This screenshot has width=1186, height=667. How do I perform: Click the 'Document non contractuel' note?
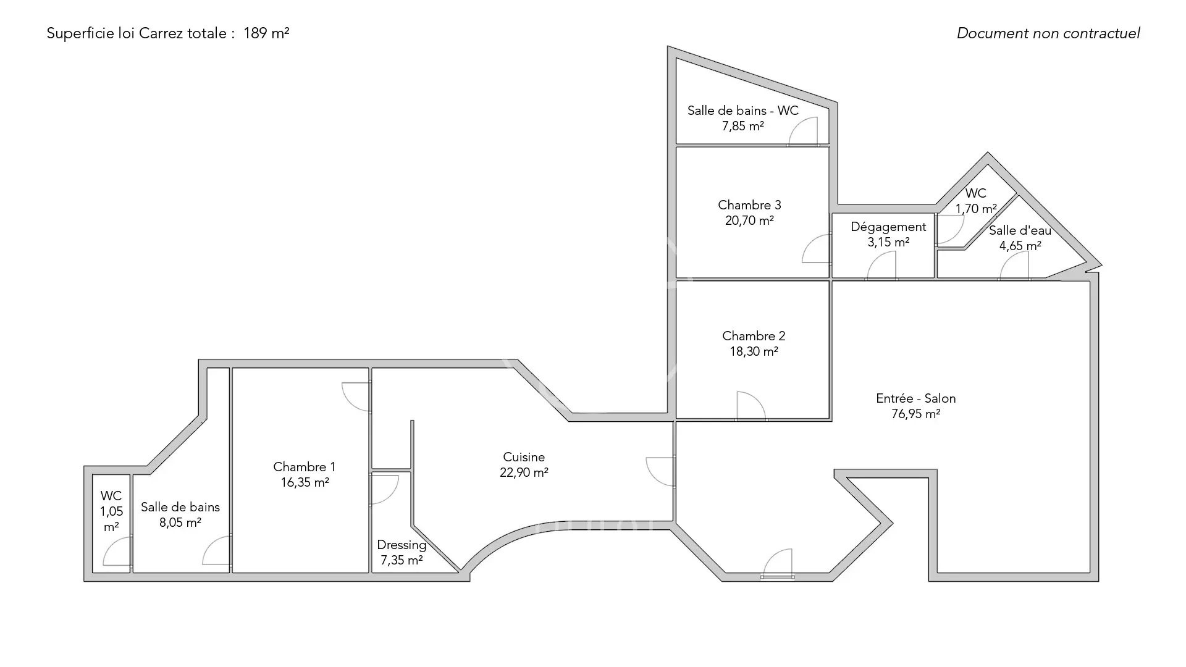[x=1048, y=33]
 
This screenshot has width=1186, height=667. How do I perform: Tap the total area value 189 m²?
[x=266, y=33]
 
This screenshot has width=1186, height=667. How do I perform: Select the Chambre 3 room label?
[x=749, y=205]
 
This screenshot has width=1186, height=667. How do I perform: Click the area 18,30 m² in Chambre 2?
[x=754, y=351]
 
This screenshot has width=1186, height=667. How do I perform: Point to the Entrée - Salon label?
[x=916, y=398]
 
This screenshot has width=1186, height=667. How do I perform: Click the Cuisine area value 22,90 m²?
[x=524, y=472]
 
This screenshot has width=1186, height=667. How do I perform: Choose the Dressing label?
[x=402, y=545]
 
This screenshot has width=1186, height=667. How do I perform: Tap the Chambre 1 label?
[x=305, y=467]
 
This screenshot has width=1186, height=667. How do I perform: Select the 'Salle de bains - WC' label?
[x=743, y=111]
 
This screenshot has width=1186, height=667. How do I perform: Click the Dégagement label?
[x=888, y=227]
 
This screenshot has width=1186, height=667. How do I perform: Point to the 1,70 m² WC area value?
[x=976, y=209]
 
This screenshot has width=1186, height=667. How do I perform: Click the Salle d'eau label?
[x=1020, y=230]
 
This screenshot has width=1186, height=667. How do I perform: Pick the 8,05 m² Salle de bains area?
[x=180, y=522]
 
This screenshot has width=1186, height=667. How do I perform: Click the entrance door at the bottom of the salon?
[x=778, y=564]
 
